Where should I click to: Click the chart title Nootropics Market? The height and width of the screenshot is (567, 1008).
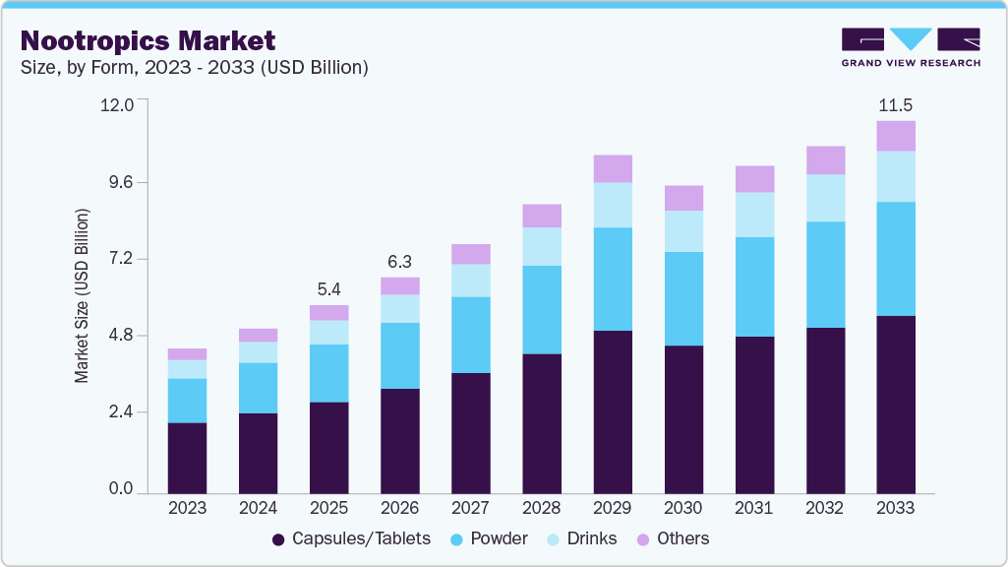point(148,40)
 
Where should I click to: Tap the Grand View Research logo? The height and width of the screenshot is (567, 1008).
point(911,47)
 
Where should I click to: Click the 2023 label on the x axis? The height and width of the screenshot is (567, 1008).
point(187,508)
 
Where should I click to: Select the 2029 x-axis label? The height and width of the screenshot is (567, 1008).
point(613,508)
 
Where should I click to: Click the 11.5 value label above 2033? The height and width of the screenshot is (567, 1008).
point(896,104)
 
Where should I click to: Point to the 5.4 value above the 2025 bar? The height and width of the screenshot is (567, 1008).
point(328,289)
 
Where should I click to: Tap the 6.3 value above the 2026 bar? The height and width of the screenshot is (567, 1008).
point(399,262)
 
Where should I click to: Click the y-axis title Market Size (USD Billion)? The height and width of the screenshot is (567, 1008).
point(83,295)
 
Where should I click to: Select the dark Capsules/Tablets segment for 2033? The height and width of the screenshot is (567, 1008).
point(896,404)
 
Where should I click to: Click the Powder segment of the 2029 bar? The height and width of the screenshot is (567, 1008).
point(613,279)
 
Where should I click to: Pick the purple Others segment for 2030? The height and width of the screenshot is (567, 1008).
point(683,198)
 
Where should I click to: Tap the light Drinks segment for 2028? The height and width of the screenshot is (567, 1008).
point(542,246)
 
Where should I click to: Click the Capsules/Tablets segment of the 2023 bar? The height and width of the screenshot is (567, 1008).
point(187,458)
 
